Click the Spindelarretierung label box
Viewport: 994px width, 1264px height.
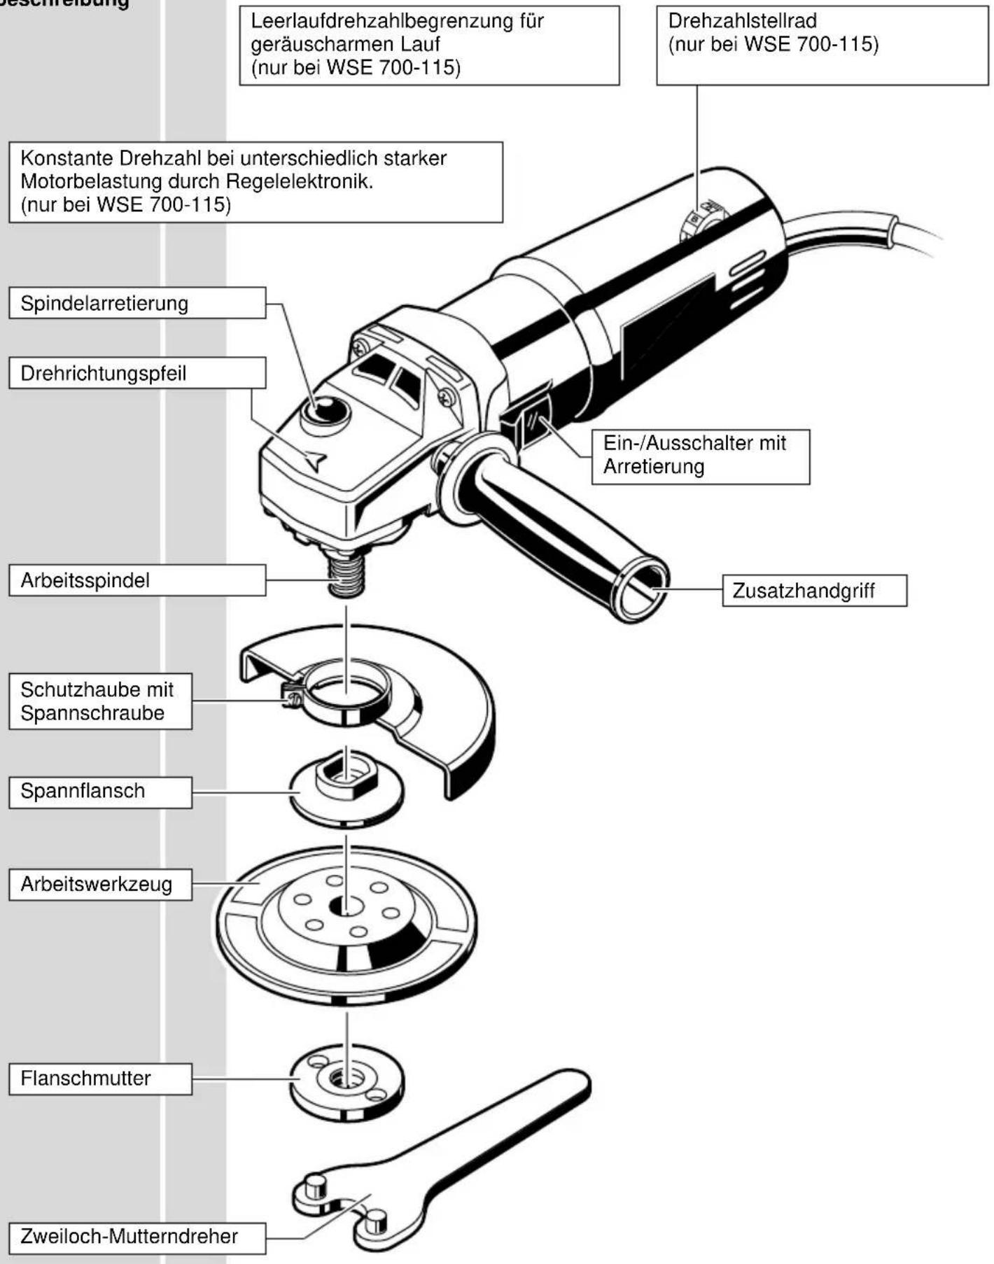[x=137, y=303]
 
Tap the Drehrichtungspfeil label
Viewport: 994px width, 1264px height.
[x=137, y=373]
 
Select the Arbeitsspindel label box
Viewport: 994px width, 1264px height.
[x=137, y=580]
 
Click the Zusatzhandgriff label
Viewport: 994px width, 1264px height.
[x=814, y=591]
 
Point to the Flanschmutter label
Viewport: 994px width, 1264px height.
[x=100, y=1079]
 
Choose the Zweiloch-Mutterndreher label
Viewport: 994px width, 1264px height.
[x=137, y=1236]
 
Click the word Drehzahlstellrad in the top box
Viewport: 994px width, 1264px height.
[x=742, y=21]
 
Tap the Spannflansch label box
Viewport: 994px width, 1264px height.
[x=100, y=792]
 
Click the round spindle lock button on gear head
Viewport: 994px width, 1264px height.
[x=325, y=411]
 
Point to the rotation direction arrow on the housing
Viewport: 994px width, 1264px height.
[x=315, y=461]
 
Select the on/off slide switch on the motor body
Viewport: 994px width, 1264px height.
[x=535, y=422]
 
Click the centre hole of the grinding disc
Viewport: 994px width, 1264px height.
[x=346, y=907]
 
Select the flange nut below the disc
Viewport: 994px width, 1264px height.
[x=347, y=1081]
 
